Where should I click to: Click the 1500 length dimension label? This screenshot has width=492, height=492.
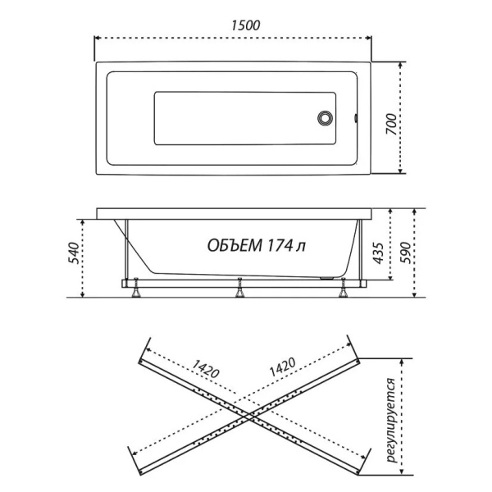coord(246,25)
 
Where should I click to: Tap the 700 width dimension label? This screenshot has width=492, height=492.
coord(391,124)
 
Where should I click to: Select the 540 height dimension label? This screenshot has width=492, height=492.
coord(74,253)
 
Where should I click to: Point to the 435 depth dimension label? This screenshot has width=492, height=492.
coord(378,253)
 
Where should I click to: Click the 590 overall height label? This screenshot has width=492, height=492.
coord(405,253)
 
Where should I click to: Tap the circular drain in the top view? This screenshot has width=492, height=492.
coord(325,118)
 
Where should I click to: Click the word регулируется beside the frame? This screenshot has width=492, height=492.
coord(391,420)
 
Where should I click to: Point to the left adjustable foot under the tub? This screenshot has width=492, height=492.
coord(136,288)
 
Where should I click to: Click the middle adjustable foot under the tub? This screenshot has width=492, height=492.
coord(239,288)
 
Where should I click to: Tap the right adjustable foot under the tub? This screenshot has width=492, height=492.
coord(343,288)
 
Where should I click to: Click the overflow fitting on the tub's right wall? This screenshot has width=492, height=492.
coord(356,118)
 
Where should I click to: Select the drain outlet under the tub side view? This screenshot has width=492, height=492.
coord(327,278)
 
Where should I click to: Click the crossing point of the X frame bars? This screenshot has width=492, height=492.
coord(249,416)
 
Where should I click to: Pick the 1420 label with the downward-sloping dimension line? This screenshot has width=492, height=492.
coord(206,368)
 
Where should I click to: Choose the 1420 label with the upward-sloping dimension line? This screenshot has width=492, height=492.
coord(282,367)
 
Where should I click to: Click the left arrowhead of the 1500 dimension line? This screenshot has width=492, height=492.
coord(98,38)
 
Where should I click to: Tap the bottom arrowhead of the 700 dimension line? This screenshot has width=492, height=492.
coord(400,171)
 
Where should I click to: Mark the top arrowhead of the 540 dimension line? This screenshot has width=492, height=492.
coord(83,222)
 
